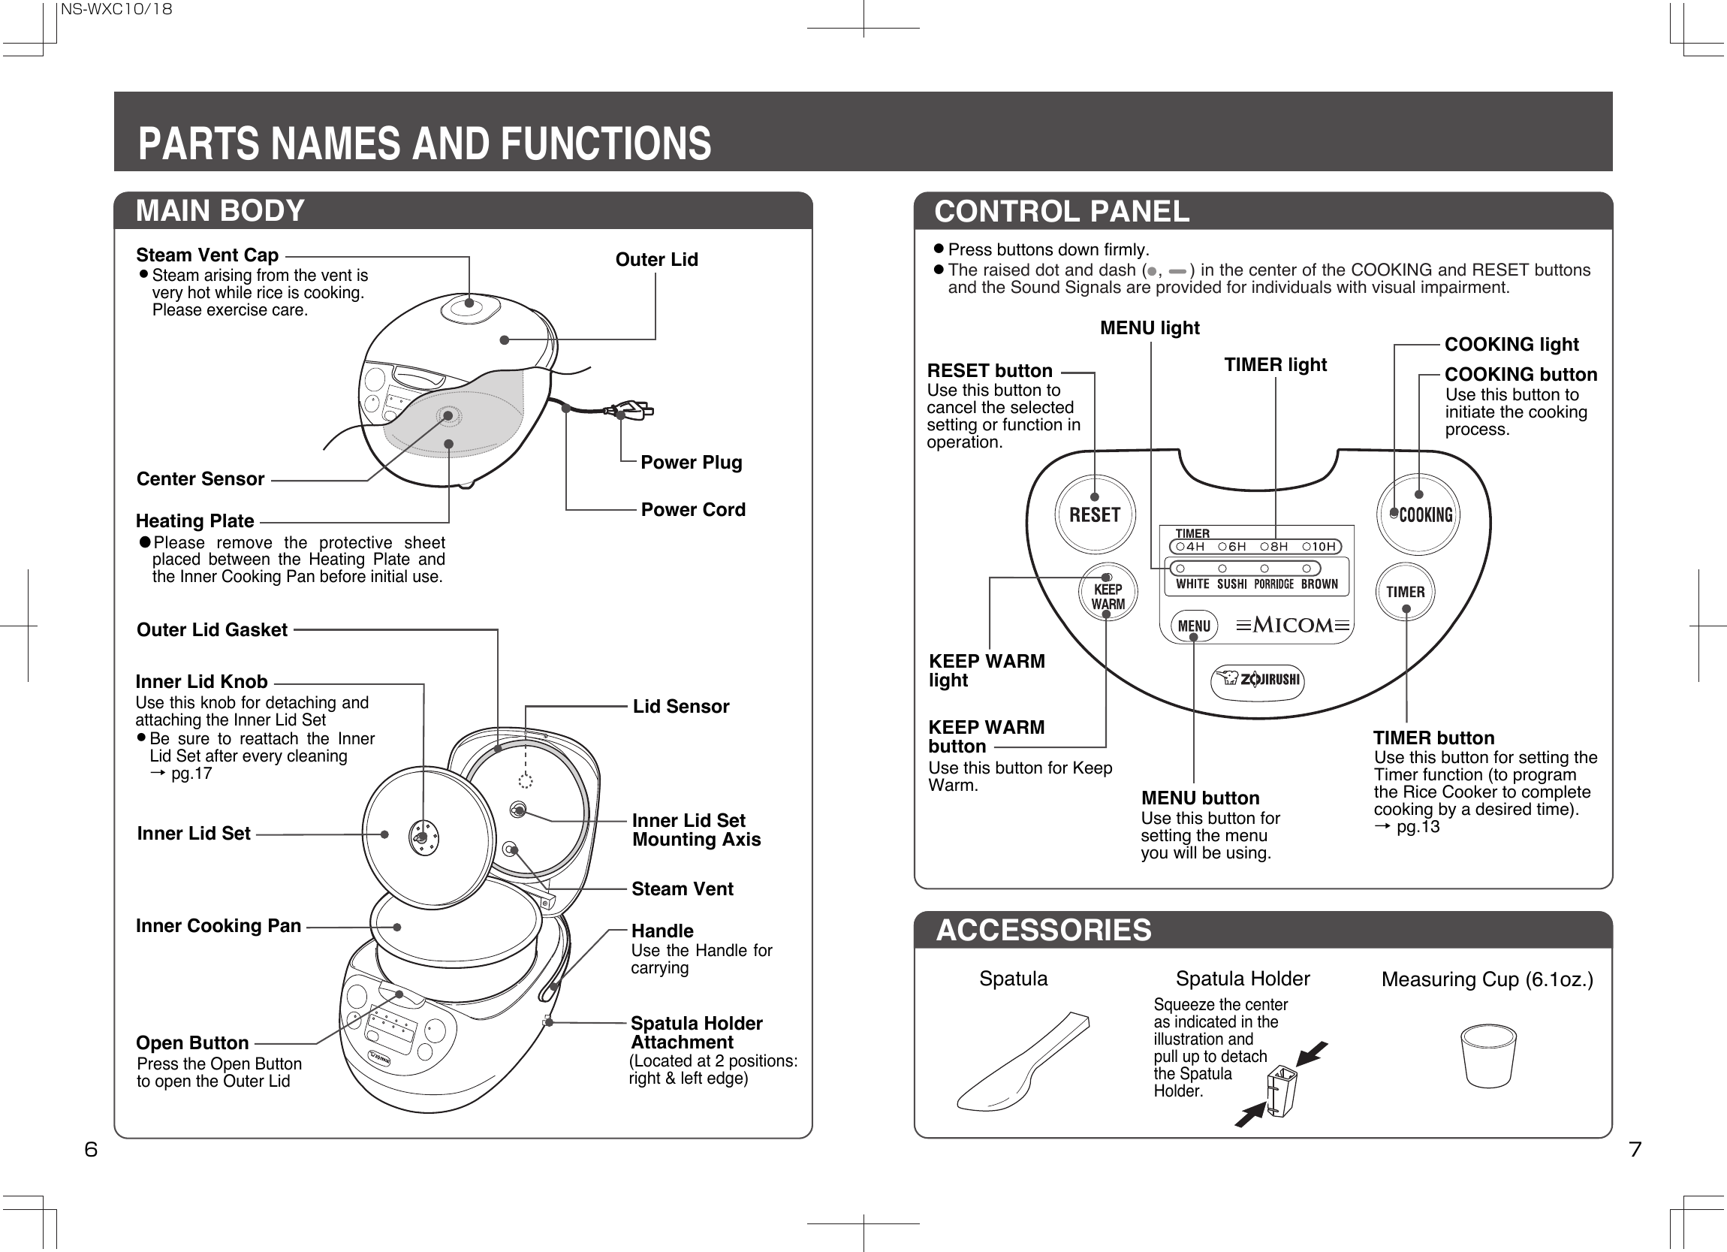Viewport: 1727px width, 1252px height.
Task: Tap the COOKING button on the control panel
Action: pos(1418,514)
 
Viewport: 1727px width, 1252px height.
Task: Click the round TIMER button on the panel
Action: pos(1405,592)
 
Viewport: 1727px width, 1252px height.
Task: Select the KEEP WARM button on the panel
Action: pos(1108,594)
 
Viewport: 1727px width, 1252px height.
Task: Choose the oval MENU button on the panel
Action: pos(1193,626)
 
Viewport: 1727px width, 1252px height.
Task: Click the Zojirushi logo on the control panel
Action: pos(1257,680)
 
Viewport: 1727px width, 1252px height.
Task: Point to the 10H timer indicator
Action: pos(1319,546)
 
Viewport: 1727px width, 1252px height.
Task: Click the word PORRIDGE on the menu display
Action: pos(1274,584)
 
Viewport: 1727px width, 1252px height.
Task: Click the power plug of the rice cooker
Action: pos(634,411)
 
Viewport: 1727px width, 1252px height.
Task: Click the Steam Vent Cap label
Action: pos(207,255)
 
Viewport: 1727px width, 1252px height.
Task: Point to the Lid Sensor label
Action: pos(681,707)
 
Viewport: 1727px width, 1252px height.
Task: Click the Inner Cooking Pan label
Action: pos(219,926)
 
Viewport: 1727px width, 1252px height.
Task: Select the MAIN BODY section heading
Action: pos(220,211)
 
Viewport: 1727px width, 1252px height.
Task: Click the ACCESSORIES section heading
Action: pos(1043,931)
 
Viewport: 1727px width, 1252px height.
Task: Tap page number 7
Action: pos(1635,1149)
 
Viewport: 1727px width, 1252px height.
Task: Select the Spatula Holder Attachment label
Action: pos(696,1033)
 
